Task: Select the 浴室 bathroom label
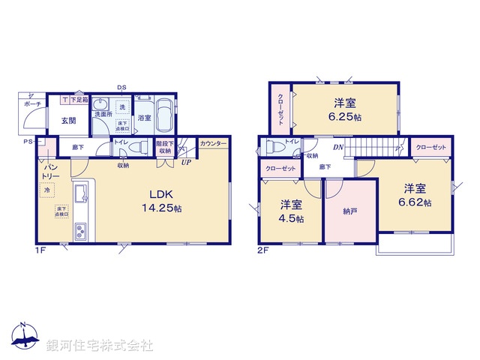[144, 118]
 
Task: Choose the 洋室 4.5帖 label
[292, 211]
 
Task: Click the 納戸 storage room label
[349, 212]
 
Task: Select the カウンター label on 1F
[213, 142]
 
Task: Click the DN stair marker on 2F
[339, 147]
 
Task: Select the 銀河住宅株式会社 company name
[100, 346]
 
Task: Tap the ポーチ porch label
[31, 105]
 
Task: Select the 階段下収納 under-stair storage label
[164, 146]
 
